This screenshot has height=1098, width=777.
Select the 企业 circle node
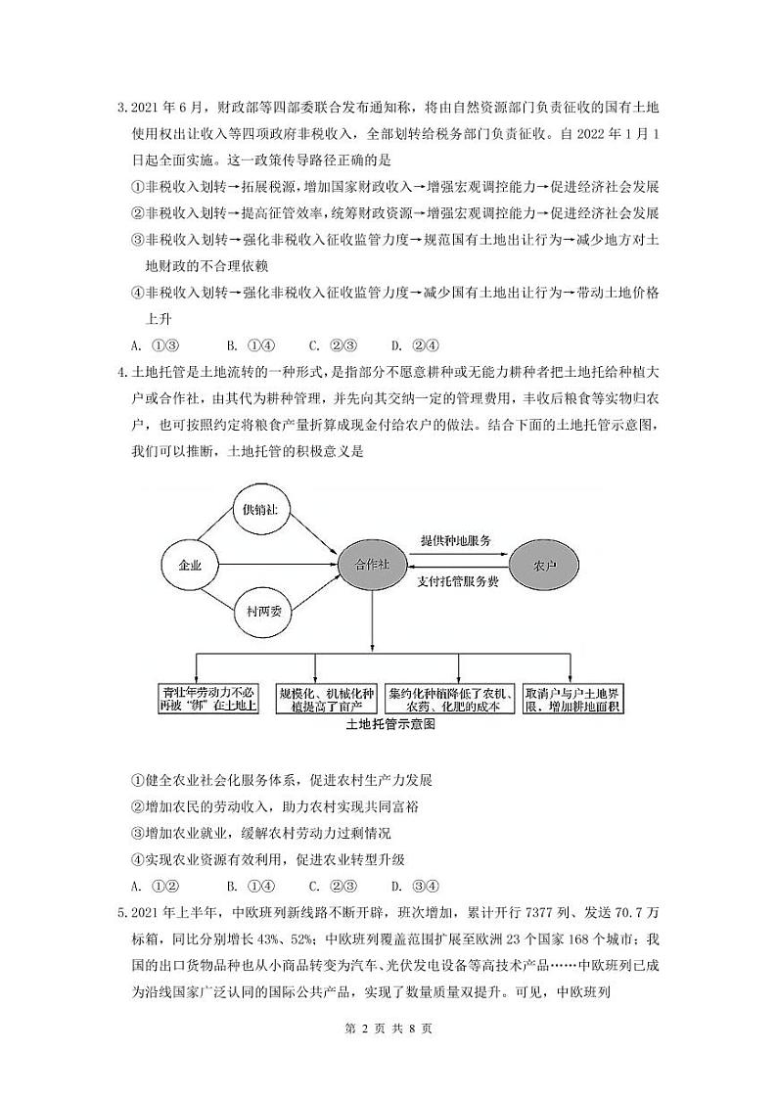coord(190,565)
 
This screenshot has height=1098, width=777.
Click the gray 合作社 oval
coord(372,565)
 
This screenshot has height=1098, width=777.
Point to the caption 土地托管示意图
coord(389,725)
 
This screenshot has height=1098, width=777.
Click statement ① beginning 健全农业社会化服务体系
coord(281,781)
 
